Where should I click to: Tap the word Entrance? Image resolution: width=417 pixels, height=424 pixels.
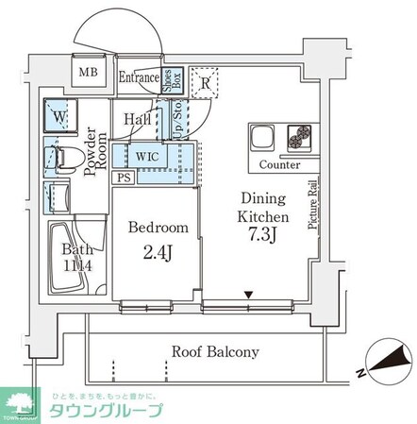[x=140, y=79]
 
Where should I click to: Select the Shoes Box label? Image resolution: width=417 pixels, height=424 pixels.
[x=176, y=79]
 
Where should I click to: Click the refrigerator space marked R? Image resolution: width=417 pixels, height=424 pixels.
[x=205, y=83]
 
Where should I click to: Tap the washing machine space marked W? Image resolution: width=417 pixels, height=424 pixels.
[x=60, y=118]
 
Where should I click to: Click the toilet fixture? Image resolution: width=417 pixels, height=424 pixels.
[x=58, y=158]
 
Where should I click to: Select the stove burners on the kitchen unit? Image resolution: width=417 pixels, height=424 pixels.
[x=300, y=139]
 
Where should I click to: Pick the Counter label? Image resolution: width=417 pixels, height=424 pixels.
[x=279, y=164]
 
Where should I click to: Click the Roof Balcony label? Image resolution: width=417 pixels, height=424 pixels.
[x=215, y=351]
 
